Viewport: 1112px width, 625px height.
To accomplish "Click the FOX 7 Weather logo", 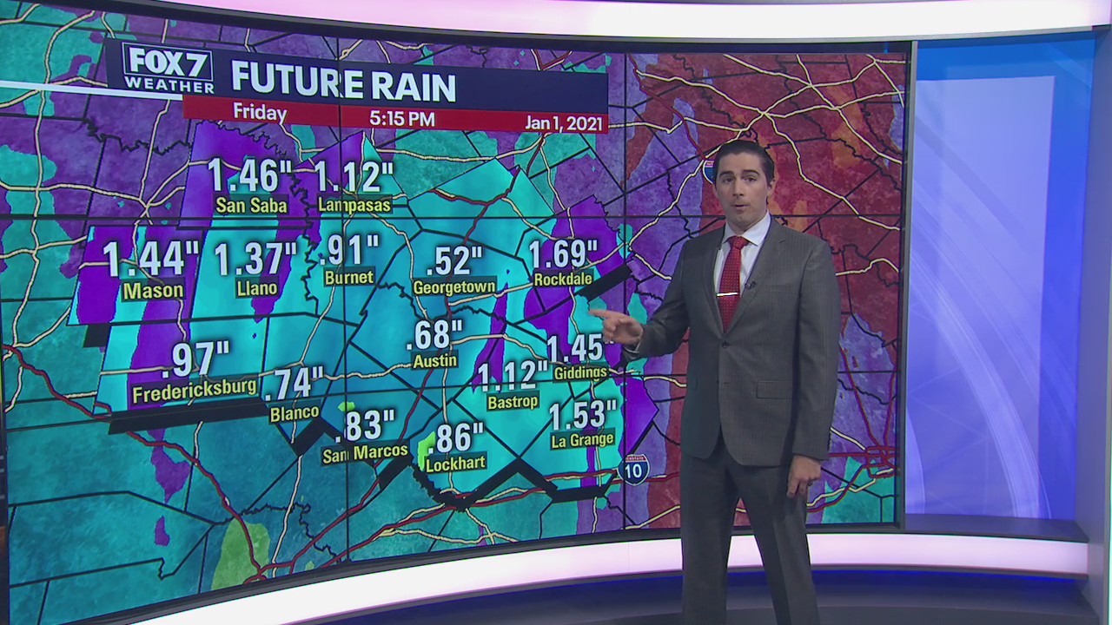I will point(169,69).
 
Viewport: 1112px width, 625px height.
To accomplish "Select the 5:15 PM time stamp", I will point(401,118).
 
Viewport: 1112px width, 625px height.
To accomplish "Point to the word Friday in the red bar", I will point(260,114).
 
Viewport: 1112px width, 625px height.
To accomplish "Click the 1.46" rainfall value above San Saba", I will point(249,176).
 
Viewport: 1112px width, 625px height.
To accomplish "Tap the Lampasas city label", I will point(354,205).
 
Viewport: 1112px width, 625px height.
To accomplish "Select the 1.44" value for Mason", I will point(151,259).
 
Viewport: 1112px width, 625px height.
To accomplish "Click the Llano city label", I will point(257,288).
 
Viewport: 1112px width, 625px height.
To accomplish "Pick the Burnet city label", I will point(348,278).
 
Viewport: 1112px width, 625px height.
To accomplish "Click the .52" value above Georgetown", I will point(453,260).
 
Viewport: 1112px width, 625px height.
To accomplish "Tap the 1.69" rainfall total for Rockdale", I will point(563,253).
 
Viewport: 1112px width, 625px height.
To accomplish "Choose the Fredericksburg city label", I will point(194,391).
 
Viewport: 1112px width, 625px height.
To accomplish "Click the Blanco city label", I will point(294,413).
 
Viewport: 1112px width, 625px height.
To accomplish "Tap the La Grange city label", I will point(582,440).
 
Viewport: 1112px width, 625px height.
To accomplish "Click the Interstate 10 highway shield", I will point(634,470).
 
